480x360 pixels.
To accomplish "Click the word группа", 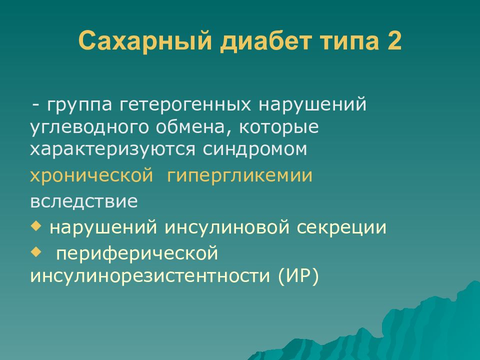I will pyautogui.click(x=80, y=105).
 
